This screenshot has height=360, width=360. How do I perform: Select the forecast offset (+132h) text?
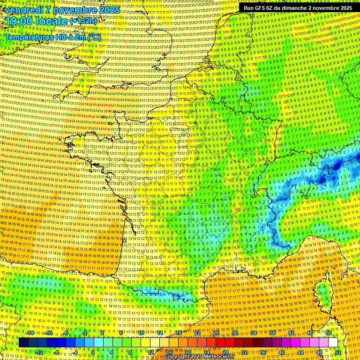click(x=83, y=21)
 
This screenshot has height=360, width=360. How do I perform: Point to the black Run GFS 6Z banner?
click(x=298, y=8)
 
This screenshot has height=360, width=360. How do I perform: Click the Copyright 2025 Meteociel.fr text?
click(x=198, y=356)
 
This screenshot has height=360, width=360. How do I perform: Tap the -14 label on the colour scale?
click(x=30, y=333)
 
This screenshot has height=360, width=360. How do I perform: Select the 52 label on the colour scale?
click(x=337, y=352)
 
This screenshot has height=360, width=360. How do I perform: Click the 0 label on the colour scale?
click(x=92, y=352)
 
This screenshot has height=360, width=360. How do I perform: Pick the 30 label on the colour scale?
click(x=235, y=333)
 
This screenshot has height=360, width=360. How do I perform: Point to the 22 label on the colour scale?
click(x=197, y=333)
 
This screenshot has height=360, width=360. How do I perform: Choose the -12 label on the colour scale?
click(x=39, y=352)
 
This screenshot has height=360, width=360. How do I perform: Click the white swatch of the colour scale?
click(x=333, y=343)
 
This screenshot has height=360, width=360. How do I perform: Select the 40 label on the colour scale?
click(x=281, y=352)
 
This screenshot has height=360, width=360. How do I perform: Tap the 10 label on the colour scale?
click(x=141, y=333)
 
